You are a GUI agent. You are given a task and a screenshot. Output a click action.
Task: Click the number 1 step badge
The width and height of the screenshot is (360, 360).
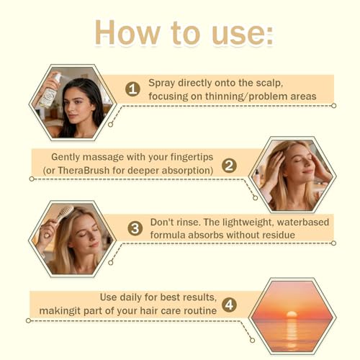point(132,89)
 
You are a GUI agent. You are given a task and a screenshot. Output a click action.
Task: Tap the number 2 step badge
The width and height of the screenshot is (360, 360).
point(229,166)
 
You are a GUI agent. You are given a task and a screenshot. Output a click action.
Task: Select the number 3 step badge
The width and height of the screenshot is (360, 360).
point(135,228)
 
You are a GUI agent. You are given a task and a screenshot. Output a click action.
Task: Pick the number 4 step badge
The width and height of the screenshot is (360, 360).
point(229,305)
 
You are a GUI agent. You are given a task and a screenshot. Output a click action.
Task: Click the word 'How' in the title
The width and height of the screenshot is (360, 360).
point(127,32)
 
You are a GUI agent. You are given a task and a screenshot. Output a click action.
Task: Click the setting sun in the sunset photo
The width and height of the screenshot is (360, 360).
point(292,314)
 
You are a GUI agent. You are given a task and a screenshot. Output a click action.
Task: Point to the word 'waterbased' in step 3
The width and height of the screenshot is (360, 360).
point(303,222)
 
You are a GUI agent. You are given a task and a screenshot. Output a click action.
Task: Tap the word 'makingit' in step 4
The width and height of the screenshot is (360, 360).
point(56,311)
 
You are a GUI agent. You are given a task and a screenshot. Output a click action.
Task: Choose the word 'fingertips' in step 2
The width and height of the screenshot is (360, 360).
point(192,158)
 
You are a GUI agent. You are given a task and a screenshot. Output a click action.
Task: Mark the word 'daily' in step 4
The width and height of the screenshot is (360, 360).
point(130,297)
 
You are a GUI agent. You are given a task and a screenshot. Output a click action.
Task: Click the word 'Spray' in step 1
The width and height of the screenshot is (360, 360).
point(161,84)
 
